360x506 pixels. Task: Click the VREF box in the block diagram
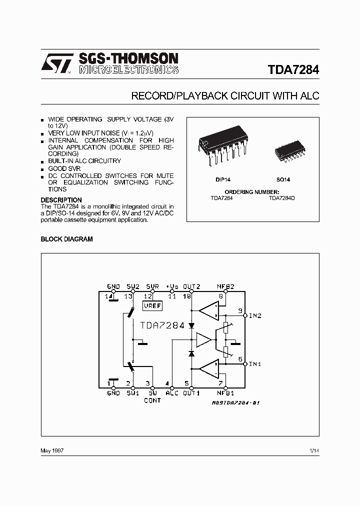coord(152,304)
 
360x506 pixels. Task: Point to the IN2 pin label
coord(255,315)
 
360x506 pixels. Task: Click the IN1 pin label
coord(255,363)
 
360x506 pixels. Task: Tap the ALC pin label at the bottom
coord(172,393)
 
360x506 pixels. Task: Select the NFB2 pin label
coord(225,286)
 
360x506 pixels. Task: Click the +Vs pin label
coord(172,286)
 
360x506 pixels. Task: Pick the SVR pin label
coord(152,286)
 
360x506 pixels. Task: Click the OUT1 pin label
coord(191,393)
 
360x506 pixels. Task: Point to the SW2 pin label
coord(133,286)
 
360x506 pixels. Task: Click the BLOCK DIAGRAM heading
coord(66,239)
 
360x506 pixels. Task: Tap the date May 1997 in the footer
coord(52,450)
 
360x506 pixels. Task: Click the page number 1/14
coord(314,450)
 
